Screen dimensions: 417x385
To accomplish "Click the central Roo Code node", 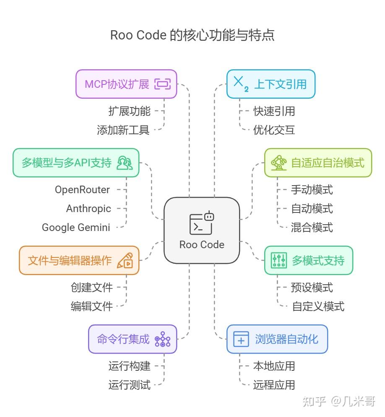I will [x=202, y=230].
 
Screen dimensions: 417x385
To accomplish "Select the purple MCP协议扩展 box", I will [x=126, y=84].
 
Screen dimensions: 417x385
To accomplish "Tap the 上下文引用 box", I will [x=271, y=84].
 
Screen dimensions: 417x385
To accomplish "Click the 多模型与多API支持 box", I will [x=76, y=163].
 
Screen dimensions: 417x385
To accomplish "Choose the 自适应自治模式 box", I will [x=318, y=163].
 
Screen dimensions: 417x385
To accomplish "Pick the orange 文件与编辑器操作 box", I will [x=79, y=260].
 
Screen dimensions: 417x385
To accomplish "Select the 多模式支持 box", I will [x=308, y=260].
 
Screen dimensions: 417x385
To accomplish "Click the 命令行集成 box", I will [x=133, y=339].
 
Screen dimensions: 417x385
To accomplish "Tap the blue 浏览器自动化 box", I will [x=277, y=339].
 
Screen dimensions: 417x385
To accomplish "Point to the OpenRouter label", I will [x=82, y=190].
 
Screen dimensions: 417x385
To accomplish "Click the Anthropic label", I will [x=88, y=209].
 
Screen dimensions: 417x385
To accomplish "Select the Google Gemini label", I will [x=76, y=228].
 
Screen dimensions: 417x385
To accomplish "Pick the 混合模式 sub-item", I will [x=312, y=228].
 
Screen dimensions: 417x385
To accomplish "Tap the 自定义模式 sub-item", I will [x=318, y=307].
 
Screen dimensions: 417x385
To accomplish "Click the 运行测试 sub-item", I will [x=129, y=385].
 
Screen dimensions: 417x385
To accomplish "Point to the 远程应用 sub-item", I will [x=274, y=385].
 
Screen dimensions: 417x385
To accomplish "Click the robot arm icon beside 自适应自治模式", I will [x=278, y=163].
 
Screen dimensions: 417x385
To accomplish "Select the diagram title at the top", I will [x=192, y=35].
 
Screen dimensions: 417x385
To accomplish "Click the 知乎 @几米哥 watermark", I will [x=338, y=401].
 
